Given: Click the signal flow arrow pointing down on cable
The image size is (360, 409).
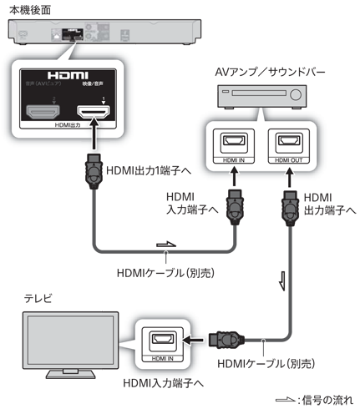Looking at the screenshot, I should (281, 276).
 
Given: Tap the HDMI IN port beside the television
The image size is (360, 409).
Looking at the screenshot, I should (160, 341).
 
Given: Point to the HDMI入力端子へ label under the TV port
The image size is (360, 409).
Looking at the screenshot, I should (163, 382).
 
